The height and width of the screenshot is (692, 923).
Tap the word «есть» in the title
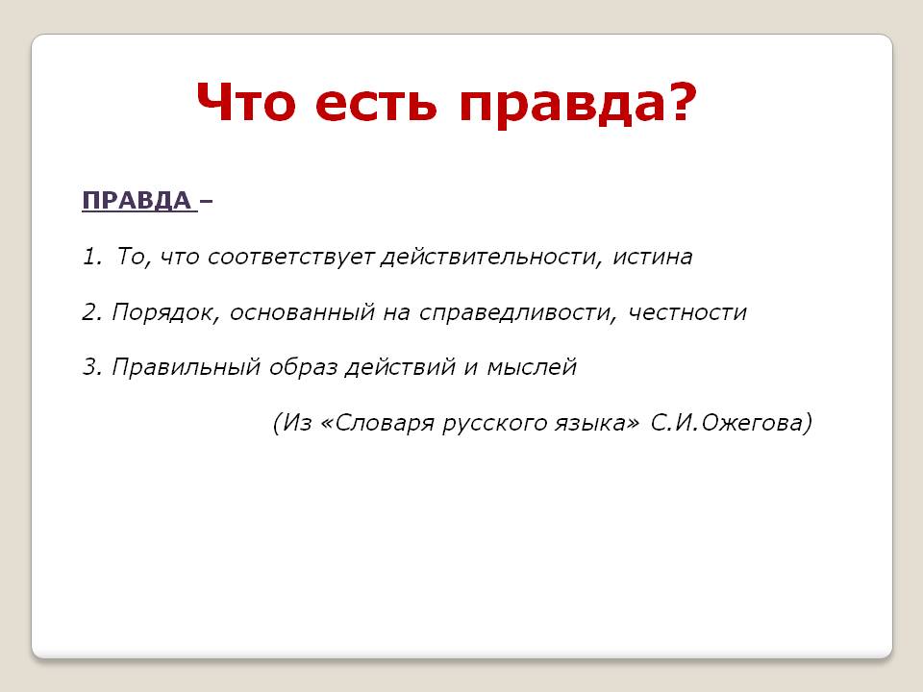pyautogui.click(x=376, y=103)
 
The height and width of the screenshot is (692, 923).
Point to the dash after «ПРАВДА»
pyautogui.click(x=206, y=202)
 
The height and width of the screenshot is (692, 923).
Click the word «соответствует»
pyautogui.click(x=290, y=258)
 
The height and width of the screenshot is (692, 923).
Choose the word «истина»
pyautogui.click(x=652, y=258)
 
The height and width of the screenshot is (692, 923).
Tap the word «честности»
pyautogui.click(x=687, y=312)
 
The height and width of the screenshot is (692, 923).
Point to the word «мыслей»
pyautogui.click(x=532, y=367)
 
